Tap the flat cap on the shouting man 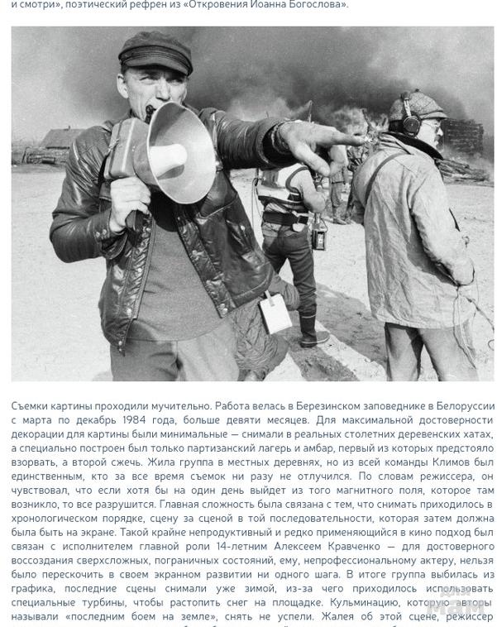pyautogui.click(x=155, y=51)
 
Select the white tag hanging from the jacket pyautogui.click(x=275, y=313)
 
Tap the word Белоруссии pyautogui.click(x=459, y=405)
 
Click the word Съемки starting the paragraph pyautogui.click(x=32, y=405)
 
